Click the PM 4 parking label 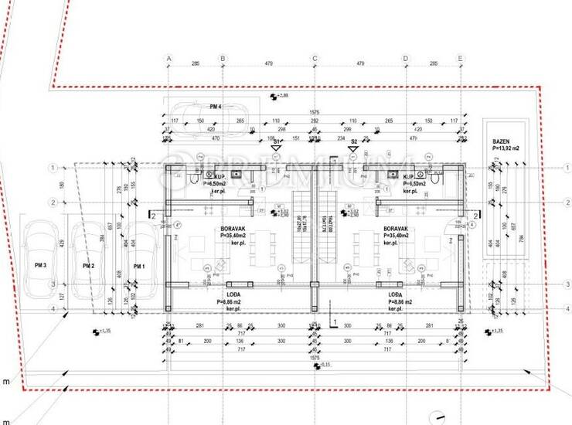tap(216, 106)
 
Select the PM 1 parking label tap(139, 266)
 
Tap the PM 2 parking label tap(87, 266)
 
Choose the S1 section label tap(276, 142)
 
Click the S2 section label tap(354, 142)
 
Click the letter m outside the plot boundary tap(6, 382)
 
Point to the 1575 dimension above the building tap(315, 113)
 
